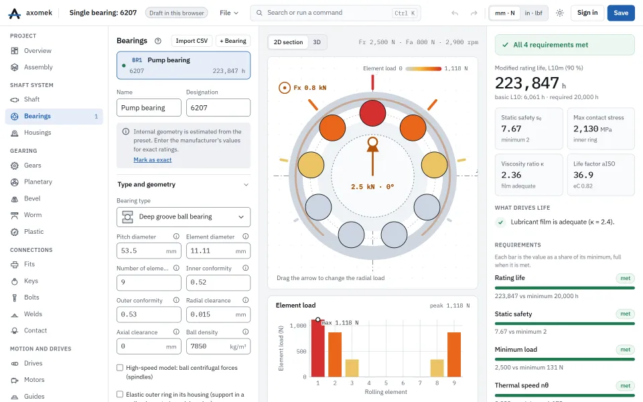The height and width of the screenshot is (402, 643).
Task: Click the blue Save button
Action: tap(621, 13)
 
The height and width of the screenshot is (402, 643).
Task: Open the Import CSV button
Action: tap(192, 41)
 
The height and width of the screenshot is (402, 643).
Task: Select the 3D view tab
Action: tap(317, 42)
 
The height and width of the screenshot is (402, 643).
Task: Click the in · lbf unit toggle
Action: tap(534, 13)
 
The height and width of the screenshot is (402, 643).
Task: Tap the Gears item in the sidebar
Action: tap(32, 165)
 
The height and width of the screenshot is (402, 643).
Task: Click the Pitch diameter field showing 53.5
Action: tap(149, 251)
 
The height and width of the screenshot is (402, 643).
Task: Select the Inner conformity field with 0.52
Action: tap(218, 283)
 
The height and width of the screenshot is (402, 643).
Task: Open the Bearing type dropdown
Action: tap(184, 217)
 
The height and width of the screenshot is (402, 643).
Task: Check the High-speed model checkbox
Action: tap(120, 368)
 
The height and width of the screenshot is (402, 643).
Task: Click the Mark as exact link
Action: tap(153, 160)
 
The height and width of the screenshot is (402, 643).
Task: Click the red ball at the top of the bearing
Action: tap(372, 113)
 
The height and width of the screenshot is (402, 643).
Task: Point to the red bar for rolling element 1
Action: tap(317, 348)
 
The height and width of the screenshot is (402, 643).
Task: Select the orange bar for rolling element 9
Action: tap(454, 354)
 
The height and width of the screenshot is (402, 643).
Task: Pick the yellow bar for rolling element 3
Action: tap(352, 368)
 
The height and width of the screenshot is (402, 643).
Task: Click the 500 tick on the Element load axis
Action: tap(301, 352)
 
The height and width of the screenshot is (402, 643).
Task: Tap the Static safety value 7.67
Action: tap(511, 129)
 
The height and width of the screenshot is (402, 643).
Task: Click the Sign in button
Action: tap(587, 13)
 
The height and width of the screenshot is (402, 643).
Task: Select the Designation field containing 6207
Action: tap(218, 107)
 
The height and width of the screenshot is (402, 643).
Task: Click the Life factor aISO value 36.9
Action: tap(583, 175)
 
